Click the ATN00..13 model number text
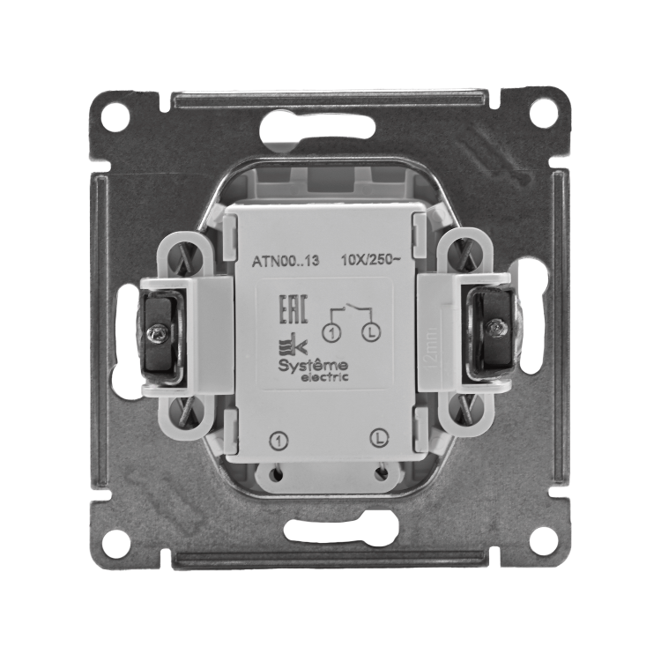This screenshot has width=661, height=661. click(286, 262)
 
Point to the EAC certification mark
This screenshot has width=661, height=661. click(293, 310)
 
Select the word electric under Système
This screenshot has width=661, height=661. click(324, 376)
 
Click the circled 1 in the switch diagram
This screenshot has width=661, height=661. click(330, 333)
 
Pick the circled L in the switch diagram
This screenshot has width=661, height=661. click(371, 333)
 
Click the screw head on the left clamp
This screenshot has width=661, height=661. click(158, 333)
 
